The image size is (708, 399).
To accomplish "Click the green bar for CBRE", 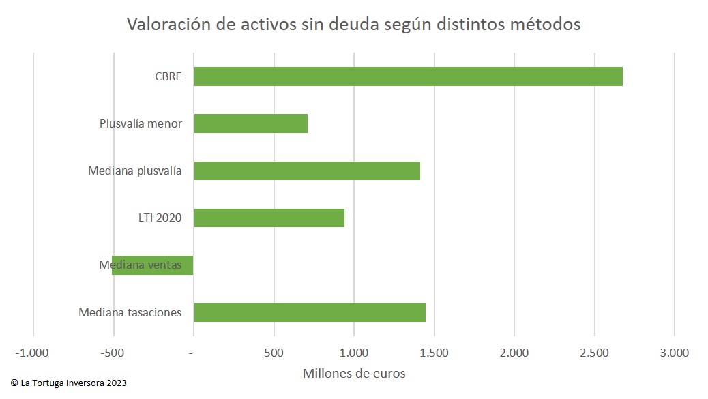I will (x=408, y=76).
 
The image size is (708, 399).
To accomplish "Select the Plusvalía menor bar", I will (x=250, y=123).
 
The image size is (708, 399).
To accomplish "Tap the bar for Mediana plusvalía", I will (x=307, y=171).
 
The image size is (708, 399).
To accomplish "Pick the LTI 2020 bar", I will (x=269, y=218).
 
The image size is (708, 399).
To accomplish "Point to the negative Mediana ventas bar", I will (x=153, y=265).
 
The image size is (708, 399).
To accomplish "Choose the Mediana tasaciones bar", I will (x=310, y=312).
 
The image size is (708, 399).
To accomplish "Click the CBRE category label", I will (x=168, y=76).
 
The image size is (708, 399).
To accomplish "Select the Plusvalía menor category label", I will (x=141, y=123).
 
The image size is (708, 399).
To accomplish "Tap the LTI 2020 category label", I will (x=160, y=218).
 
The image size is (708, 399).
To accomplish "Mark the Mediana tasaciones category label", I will (x=130, y=312).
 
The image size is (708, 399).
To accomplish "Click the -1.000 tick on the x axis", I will (x=33, y=353).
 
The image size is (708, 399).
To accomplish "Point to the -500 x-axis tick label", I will (x=113, y=353).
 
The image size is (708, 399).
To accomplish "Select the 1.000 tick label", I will (x=354, y=353).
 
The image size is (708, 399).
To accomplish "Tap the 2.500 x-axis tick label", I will (x=595, y=353).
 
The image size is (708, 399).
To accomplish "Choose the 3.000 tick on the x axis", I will (x=675, y=353).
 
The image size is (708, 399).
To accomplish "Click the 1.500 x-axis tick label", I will (x=434, y=353).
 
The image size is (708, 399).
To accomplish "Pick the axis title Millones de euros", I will (x=353, y=373).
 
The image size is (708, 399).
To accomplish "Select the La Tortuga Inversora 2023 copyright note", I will (x=68, y=383).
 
